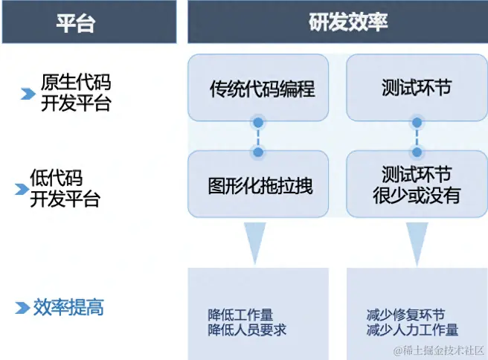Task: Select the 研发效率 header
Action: (337, 22)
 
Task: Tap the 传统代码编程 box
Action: (258, 89)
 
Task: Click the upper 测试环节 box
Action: (417, 89)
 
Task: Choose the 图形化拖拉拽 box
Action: (258, 185)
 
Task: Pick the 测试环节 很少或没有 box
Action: (417, 185)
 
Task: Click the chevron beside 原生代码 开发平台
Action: (28, 94)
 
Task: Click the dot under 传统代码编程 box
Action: (258, 121)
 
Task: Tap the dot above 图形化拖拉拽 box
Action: (258, 152)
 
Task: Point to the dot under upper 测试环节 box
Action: (417, 121)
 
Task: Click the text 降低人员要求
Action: (247, 330)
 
